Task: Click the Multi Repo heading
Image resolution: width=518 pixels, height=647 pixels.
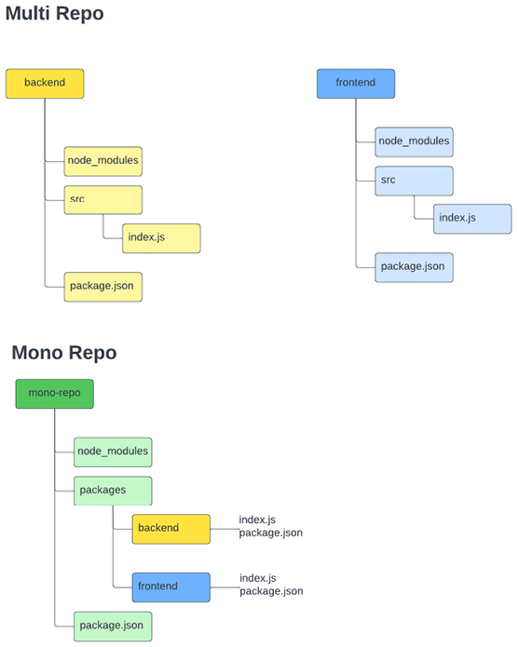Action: coord(54,15)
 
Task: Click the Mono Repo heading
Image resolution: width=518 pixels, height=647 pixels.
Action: coord(64,353)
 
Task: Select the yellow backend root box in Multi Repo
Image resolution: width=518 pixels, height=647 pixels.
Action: coord(45,83)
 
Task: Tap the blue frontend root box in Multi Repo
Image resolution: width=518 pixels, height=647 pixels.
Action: coord(356,83)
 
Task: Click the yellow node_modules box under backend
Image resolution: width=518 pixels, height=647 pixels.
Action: coord(102,161)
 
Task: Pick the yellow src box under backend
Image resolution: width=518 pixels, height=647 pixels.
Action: coord(102,199)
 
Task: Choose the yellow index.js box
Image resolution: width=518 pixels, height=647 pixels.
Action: coord(161,238)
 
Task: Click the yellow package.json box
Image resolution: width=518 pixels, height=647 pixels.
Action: coord(102,286)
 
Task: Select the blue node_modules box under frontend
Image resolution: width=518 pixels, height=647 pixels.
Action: coord(414,142)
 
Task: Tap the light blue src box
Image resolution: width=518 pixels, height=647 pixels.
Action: coord(414,181)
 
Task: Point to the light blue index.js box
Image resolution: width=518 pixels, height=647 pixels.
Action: coord(472,219)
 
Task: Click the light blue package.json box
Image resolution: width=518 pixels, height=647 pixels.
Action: coord(414,266)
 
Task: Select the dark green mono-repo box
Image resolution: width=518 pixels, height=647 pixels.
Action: coord(54,394)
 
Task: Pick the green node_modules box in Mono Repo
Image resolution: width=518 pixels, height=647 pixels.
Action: coord(112,452)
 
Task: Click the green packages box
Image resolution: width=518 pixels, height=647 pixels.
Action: coord(112,490)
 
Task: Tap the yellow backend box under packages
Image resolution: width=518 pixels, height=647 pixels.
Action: coord(170,528)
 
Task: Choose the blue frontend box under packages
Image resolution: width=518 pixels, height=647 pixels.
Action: coord(170,586)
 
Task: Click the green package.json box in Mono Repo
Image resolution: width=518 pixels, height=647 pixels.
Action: coord(112,626)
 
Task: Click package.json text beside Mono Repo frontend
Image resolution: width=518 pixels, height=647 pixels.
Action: coord(271,591)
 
